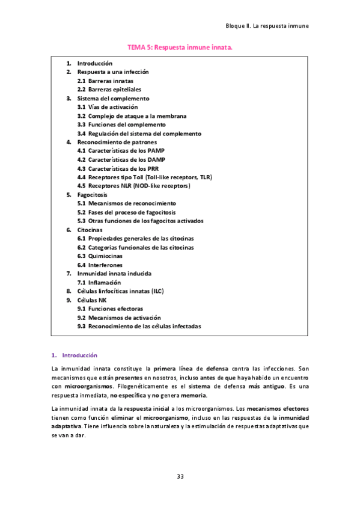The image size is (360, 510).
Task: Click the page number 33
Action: coord(180,476)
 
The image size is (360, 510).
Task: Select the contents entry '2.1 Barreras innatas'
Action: coord(105,81)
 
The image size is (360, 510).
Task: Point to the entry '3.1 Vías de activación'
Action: coord(108,107)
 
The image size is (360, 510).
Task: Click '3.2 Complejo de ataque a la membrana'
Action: coord(132,115)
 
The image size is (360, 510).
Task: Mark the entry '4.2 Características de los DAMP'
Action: coord(121,160)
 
